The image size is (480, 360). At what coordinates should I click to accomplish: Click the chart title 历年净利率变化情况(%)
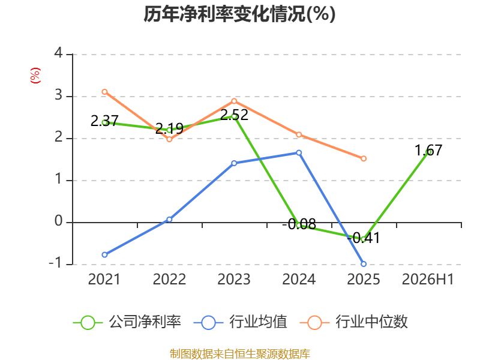click(x=239, y=14)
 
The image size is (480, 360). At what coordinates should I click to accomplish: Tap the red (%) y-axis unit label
click(x=35, y=76)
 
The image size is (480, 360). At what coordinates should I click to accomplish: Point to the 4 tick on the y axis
click(x=58, y=53)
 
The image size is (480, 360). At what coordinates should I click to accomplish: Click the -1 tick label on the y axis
click(x=56, y=263)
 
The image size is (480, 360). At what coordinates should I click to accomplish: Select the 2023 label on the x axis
click(x=234, y=280)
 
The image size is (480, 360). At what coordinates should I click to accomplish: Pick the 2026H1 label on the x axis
click(x=428, y=280)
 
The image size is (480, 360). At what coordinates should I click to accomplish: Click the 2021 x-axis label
click(x=104, y=280)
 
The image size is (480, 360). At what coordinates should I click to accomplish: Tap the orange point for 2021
click(x=104, y=92)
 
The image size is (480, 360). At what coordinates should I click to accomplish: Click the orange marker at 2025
click(x=364, y=158)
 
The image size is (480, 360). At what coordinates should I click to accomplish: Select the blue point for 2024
click(x=299, y=153)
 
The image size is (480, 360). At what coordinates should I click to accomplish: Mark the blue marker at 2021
click(x=104, y=254)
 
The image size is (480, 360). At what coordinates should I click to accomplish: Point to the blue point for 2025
click(x=364, y=264)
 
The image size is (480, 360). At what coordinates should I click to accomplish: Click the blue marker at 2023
click(x=234, y=163)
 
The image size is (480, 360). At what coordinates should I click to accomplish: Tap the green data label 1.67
click(x=428, y=151)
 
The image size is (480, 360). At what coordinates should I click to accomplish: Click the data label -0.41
click(x=364, y=238)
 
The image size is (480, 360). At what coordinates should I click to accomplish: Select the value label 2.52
click(x=234, y=115)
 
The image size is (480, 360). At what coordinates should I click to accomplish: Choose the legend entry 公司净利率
click(x=127, y=322)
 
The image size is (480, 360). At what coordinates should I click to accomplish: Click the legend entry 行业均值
click(x=241, y=322)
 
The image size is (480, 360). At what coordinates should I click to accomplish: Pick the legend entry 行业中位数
click(x=354, y=322)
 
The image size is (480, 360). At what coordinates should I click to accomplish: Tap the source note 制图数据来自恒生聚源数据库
click(x=240, y=354)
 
